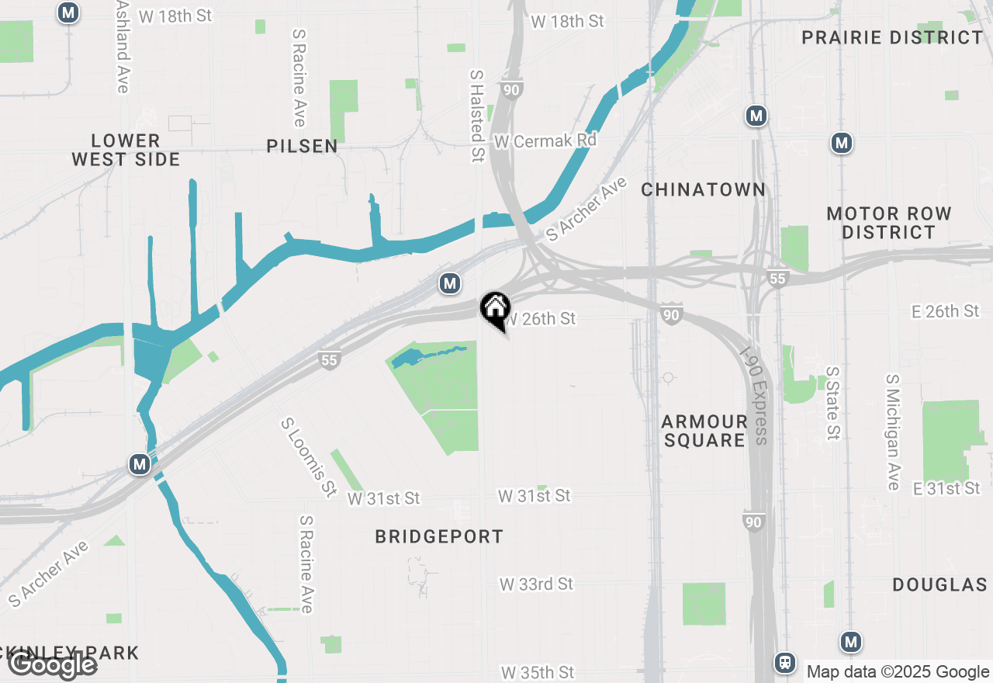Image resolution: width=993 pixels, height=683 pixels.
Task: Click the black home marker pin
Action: click(495, 310)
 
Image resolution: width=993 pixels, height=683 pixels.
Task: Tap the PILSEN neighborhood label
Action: click(302, 146)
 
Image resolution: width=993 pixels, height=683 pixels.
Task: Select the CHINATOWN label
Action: click(703, 189)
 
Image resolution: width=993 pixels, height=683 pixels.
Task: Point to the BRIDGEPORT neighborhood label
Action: click(439, 536)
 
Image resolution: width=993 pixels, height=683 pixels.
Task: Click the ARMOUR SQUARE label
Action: click(704, 431)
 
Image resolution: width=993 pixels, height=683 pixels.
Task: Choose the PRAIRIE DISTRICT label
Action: click(892, 37)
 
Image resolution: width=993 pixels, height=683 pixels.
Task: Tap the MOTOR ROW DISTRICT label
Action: click(889, 223)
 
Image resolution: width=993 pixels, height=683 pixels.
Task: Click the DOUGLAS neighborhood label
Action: click(939, 584)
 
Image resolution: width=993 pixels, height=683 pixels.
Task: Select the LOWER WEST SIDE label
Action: click(126, 150)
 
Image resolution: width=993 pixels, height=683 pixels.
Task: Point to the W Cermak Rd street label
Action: click(545, 141)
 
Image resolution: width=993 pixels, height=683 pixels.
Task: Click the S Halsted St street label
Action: click(476, 116)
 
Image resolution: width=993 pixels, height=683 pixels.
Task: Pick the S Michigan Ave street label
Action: click(892, 432)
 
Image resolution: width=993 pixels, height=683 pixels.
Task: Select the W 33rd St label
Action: click(536, 584)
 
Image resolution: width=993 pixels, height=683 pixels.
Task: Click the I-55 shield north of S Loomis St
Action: click(330, 359)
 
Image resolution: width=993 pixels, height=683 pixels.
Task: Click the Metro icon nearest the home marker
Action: click(449, 284)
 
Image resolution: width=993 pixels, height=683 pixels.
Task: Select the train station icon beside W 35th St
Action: click(785, 662)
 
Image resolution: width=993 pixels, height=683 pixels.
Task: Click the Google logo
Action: click(53, 664)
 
